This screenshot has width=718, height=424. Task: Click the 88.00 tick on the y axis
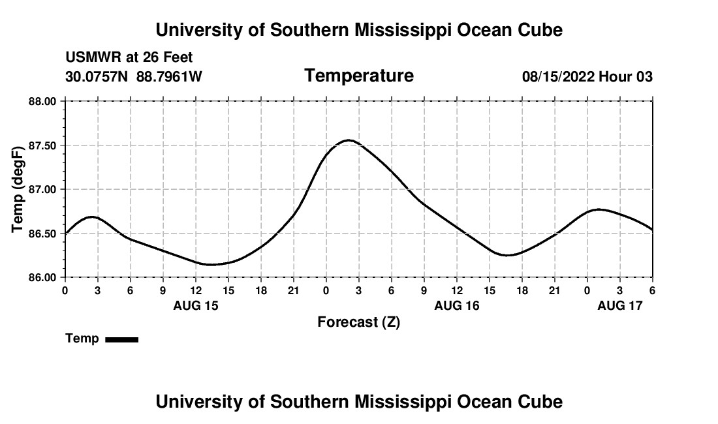tap(44, 101)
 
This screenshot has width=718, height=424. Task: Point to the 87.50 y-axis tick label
tap(44, 145)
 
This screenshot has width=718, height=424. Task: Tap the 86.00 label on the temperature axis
tap(44, 277)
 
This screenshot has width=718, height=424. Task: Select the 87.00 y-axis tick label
tap(44, 189)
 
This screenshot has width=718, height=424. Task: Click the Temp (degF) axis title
tap(18, 189)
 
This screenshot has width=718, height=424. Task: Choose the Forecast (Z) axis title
tap(358, 322)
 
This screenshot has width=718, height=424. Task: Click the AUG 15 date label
tap(196, 305)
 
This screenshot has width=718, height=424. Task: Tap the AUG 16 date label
tap(457, 305)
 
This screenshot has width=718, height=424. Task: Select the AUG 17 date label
tap(620, 305)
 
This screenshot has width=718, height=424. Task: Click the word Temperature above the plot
tap(359, 76)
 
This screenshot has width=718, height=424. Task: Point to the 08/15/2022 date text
tap(558, 77)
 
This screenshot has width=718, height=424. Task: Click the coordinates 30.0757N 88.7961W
tap(134, 77)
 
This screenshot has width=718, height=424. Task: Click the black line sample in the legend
tap(121, 339)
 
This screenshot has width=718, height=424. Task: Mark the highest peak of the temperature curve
tap(349, 140)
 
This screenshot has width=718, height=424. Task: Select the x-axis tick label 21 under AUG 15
tap(294, 291)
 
